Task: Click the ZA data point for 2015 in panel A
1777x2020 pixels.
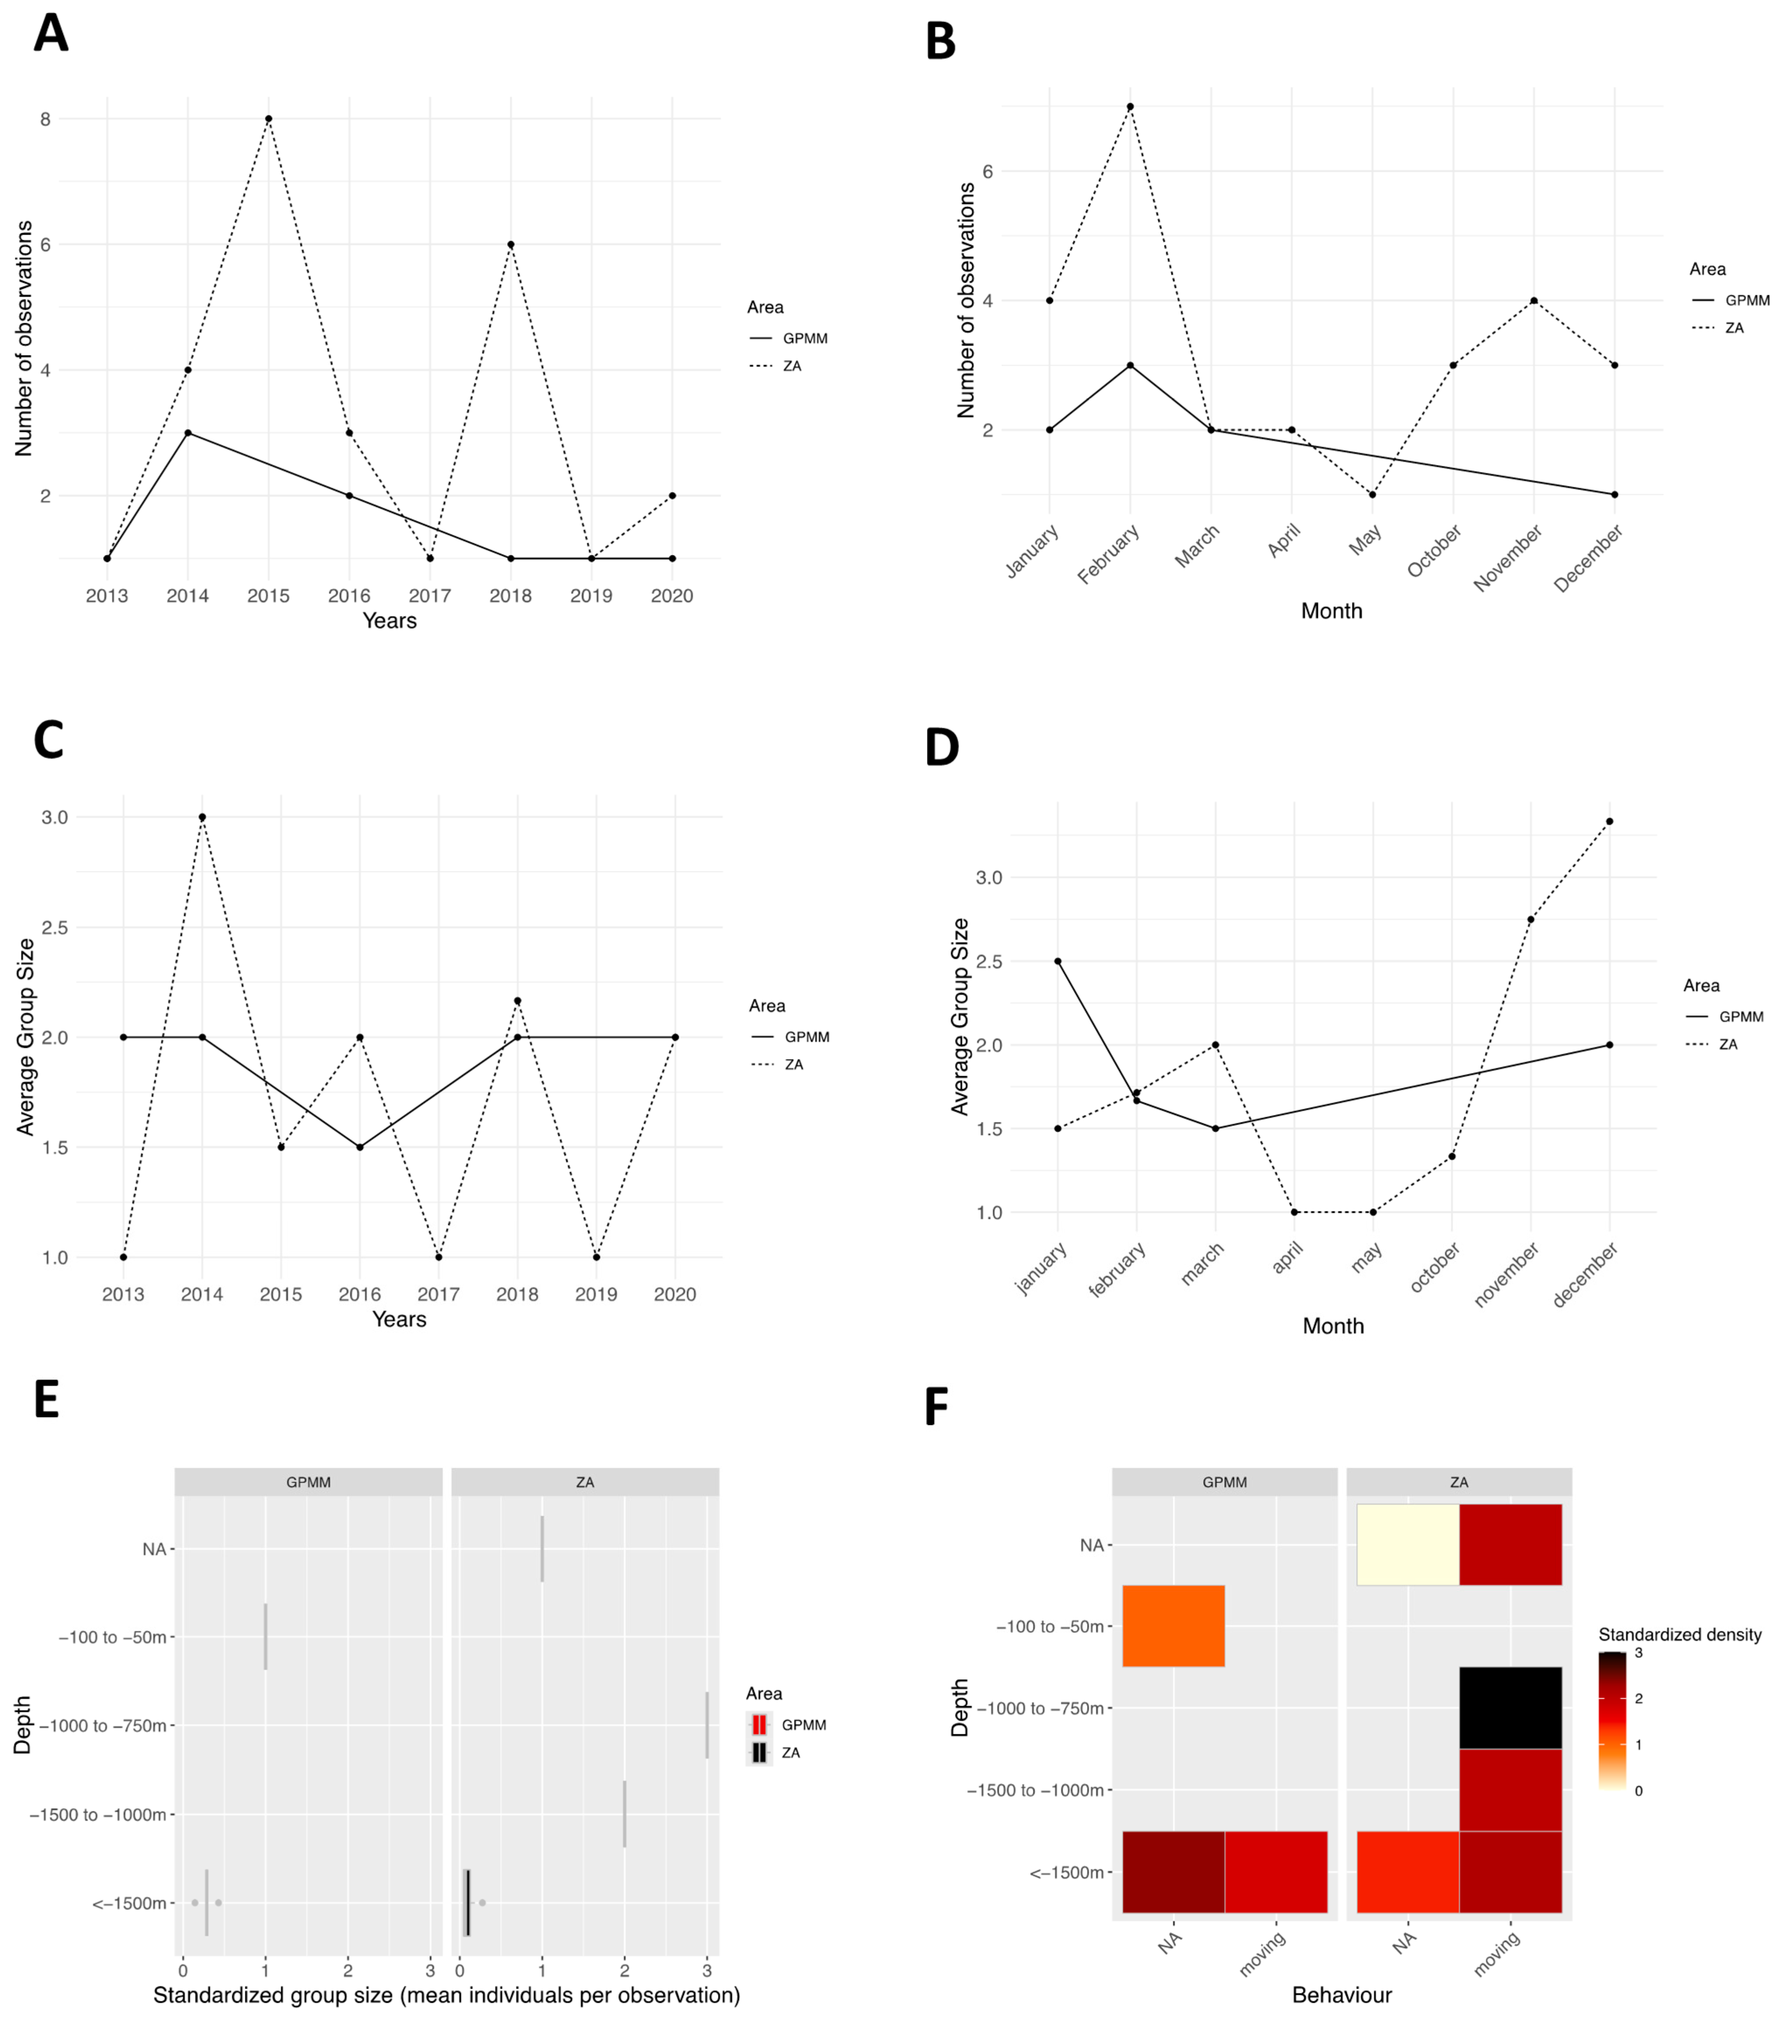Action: pos(268,118)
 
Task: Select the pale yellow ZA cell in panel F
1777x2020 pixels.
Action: pos(1407,1545)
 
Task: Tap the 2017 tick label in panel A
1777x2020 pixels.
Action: pos(430,596)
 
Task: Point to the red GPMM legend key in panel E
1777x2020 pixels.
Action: pos(759,1724)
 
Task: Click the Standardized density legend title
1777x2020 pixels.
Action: pos(1679,1634)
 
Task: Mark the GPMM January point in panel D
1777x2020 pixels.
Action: pos(1057,960)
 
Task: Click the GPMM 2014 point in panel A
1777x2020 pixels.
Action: pos(188,433)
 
